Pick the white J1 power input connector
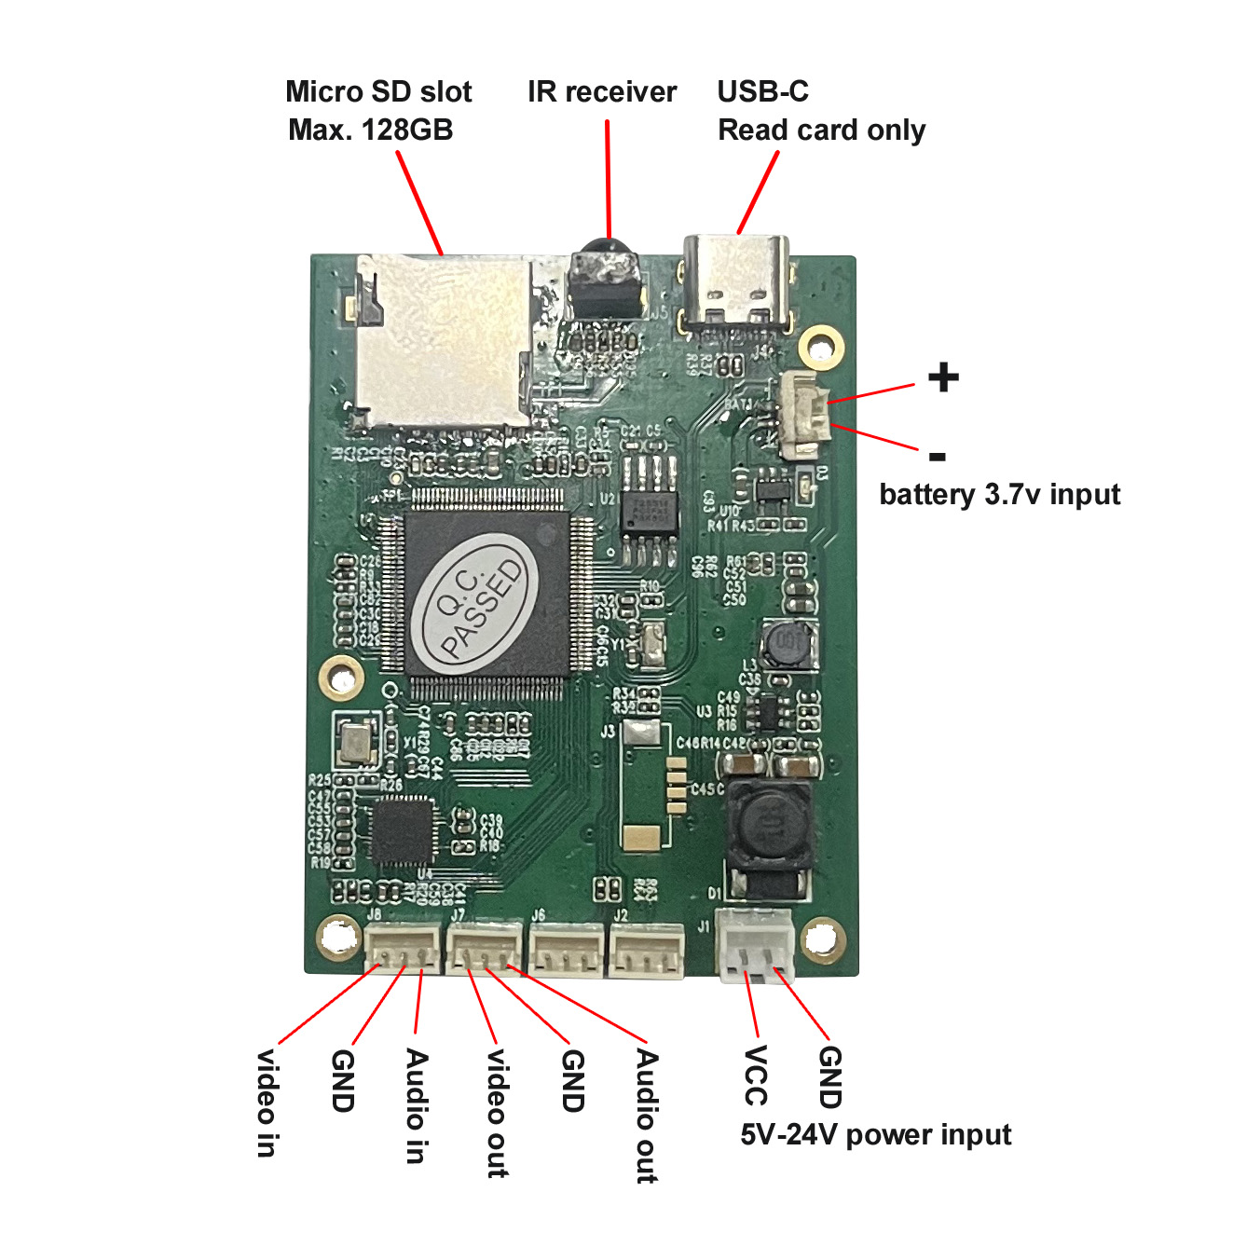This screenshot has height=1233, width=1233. coord(756,944)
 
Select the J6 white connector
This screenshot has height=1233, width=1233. coord(567,949)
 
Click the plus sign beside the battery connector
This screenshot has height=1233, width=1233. coord(943,377)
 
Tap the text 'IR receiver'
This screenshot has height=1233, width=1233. coord(602,92)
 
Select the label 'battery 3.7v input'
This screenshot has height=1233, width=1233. coord(999,494)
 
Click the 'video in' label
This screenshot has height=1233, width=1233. coord(267,1103)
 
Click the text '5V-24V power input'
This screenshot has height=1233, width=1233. coord(875,1134)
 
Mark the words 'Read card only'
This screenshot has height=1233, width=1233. coord(821,130)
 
